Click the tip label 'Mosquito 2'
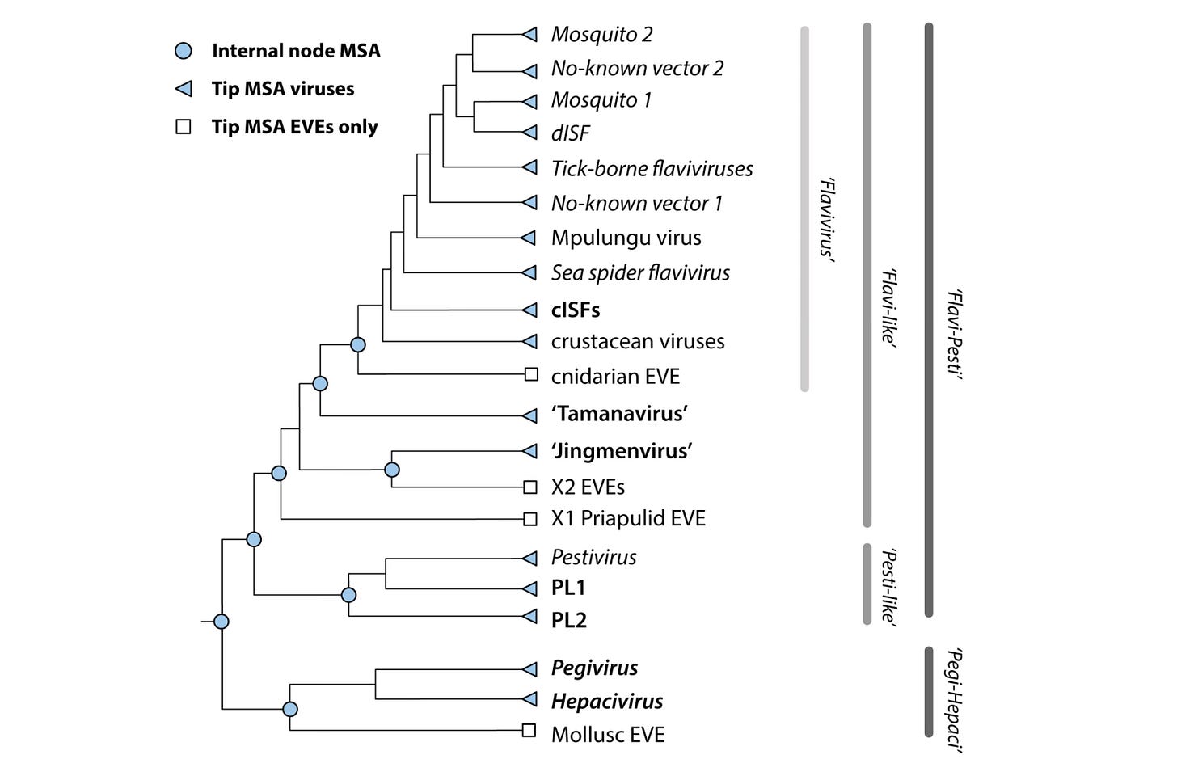pos(601,34)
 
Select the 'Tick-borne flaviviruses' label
pos(652,168)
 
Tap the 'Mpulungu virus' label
pos(626,238)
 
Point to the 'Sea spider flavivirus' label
pos(640,272)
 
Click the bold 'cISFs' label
pos(576,310)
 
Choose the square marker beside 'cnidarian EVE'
pos(531,374)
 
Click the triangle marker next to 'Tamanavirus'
pos(529,415)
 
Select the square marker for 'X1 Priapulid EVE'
pos(530,519)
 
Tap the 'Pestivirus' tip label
pos(593,557)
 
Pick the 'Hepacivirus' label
pos(606,701)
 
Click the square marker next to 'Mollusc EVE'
pos(529,731)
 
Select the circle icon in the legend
pos(184,51)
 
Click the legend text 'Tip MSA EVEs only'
pos(294,127)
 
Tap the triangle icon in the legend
pos(184,89)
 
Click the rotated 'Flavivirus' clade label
pos(826,218)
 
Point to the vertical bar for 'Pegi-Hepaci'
pos(929,692)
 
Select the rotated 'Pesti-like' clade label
pos(888,587)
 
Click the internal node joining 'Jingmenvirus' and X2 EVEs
pos(392,470)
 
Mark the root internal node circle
pos(221,622)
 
